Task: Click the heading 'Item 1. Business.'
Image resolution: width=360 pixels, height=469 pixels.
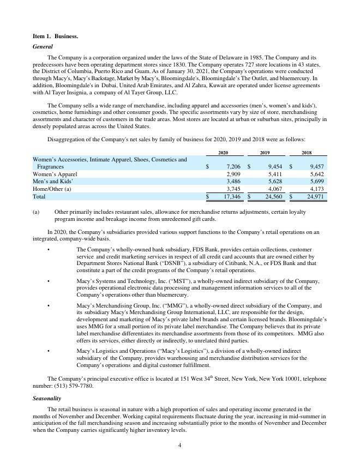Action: point(55,36)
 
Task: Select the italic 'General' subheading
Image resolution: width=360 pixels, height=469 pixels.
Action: point(43,47)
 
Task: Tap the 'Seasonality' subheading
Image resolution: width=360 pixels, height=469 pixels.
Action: point(47,399)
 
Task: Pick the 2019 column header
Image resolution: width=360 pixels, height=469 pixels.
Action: point(265,153)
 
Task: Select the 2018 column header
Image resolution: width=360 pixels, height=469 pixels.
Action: point(307,153)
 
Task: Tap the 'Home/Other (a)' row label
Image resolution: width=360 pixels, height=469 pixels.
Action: point(52,189)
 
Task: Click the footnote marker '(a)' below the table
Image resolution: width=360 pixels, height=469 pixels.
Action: point(36,212)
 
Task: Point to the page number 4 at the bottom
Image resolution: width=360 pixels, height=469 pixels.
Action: point(180,446)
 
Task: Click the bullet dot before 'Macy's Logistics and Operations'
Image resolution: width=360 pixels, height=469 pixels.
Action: point(49,351)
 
